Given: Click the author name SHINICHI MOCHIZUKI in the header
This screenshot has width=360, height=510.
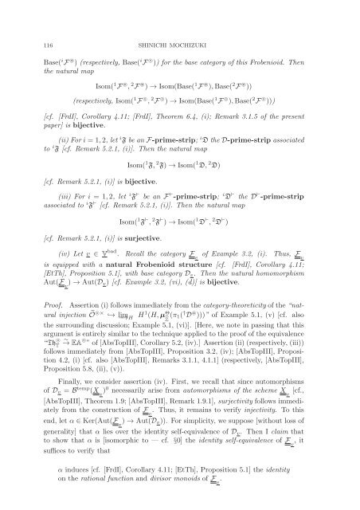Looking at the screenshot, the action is coord(180,25).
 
